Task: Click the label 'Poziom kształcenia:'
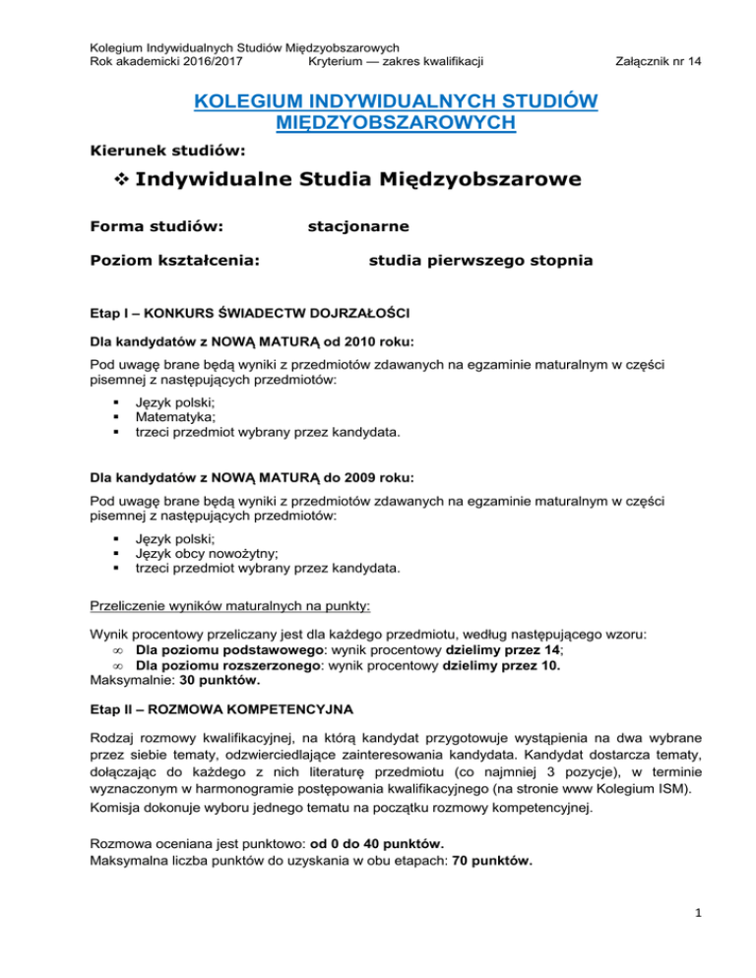click(x=168, y=261)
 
